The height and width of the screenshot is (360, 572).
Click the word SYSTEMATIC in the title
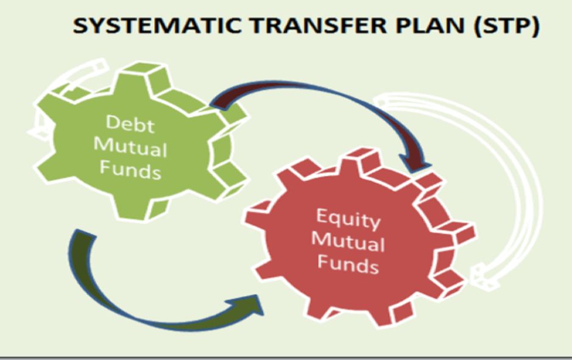(157, 26)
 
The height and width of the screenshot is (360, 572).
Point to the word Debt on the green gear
(130, 124)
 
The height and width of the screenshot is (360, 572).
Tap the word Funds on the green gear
(130, 169)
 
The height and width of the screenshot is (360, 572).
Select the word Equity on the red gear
(348, 219)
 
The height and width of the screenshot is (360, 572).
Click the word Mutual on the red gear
(348, 241)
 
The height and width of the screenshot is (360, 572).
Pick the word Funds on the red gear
(348, 263)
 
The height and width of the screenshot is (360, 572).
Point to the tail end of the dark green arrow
(82, 233)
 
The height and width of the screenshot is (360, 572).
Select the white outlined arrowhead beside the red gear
(482, 277)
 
